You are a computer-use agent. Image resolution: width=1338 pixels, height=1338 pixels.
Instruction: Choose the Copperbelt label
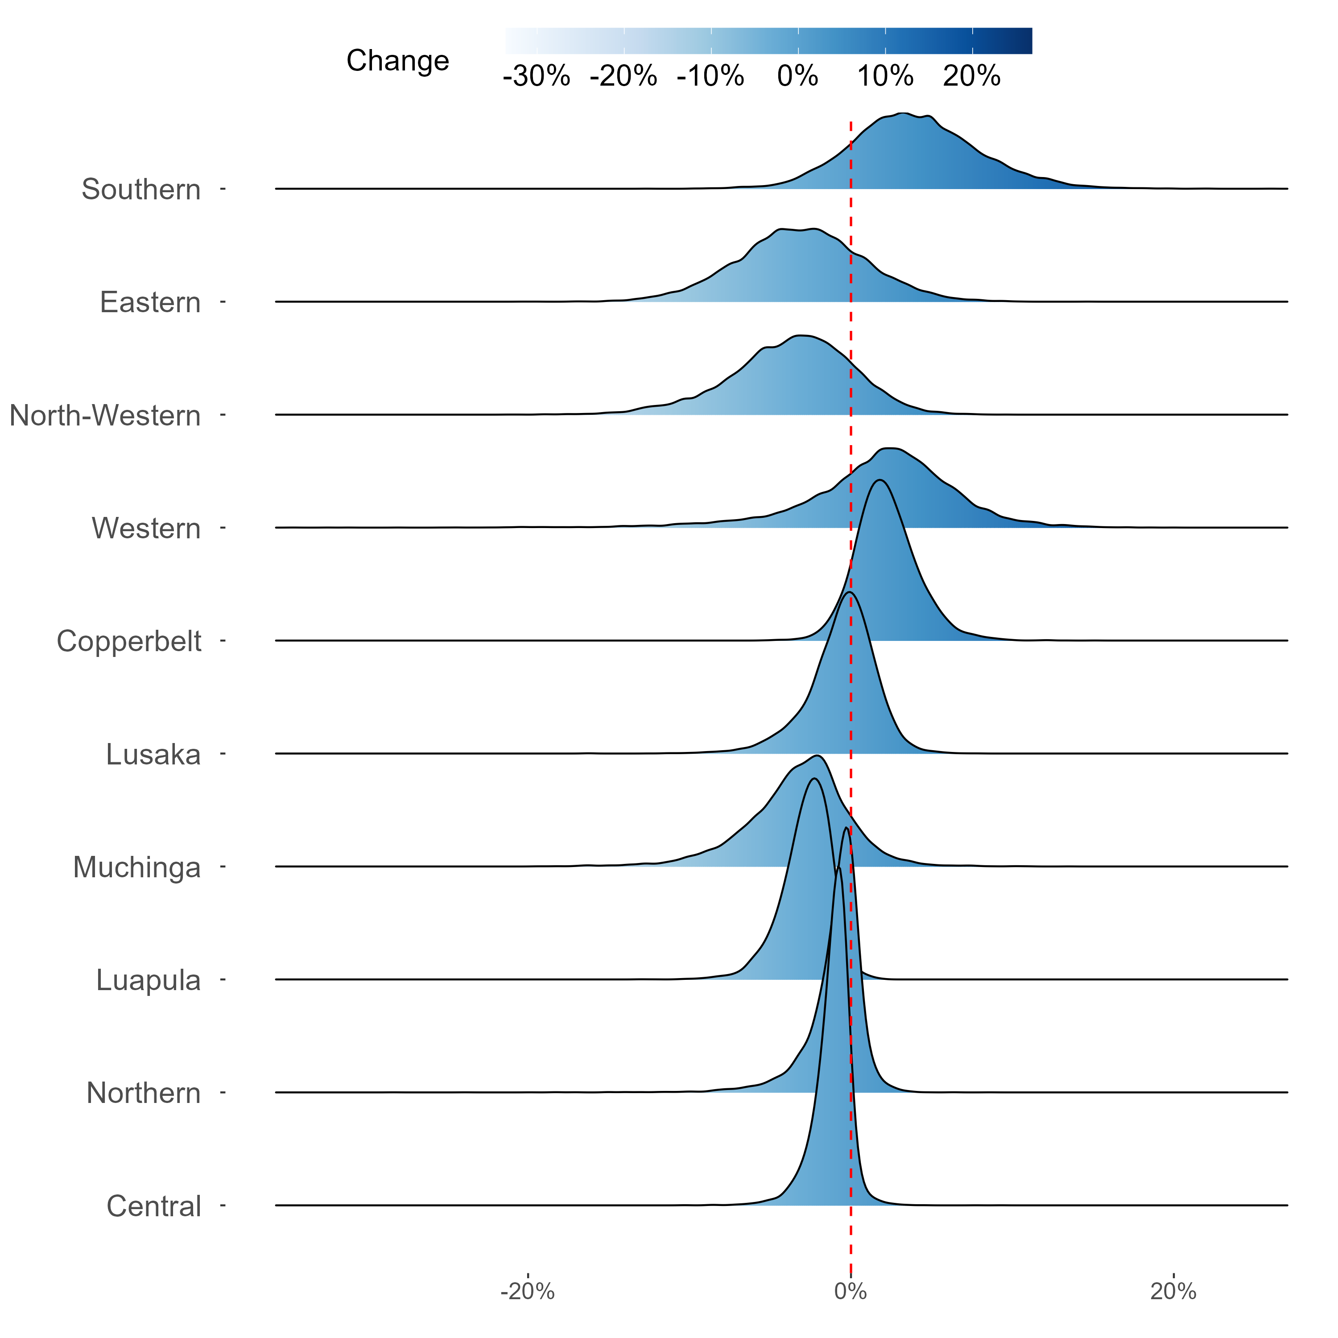point(129,641)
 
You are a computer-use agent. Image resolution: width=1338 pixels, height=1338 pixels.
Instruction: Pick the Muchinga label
point(136,867)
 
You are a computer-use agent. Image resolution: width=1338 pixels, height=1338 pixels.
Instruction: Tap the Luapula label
point(148,980)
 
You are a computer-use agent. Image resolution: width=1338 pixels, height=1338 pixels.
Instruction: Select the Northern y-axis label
point(143,1093)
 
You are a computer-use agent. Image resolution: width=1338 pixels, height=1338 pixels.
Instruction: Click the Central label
point(154,1206)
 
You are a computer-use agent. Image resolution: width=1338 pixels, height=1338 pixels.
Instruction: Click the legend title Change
point(397,61)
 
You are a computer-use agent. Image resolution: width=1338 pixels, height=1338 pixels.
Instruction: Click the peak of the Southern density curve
point(902,113)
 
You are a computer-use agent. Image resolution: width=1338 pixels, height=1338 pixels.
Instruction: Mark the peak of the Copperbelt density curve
point(880,480)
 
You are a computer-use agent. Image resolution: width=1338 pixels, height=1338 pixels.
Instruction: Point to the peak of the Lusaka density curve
point(849,593)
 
